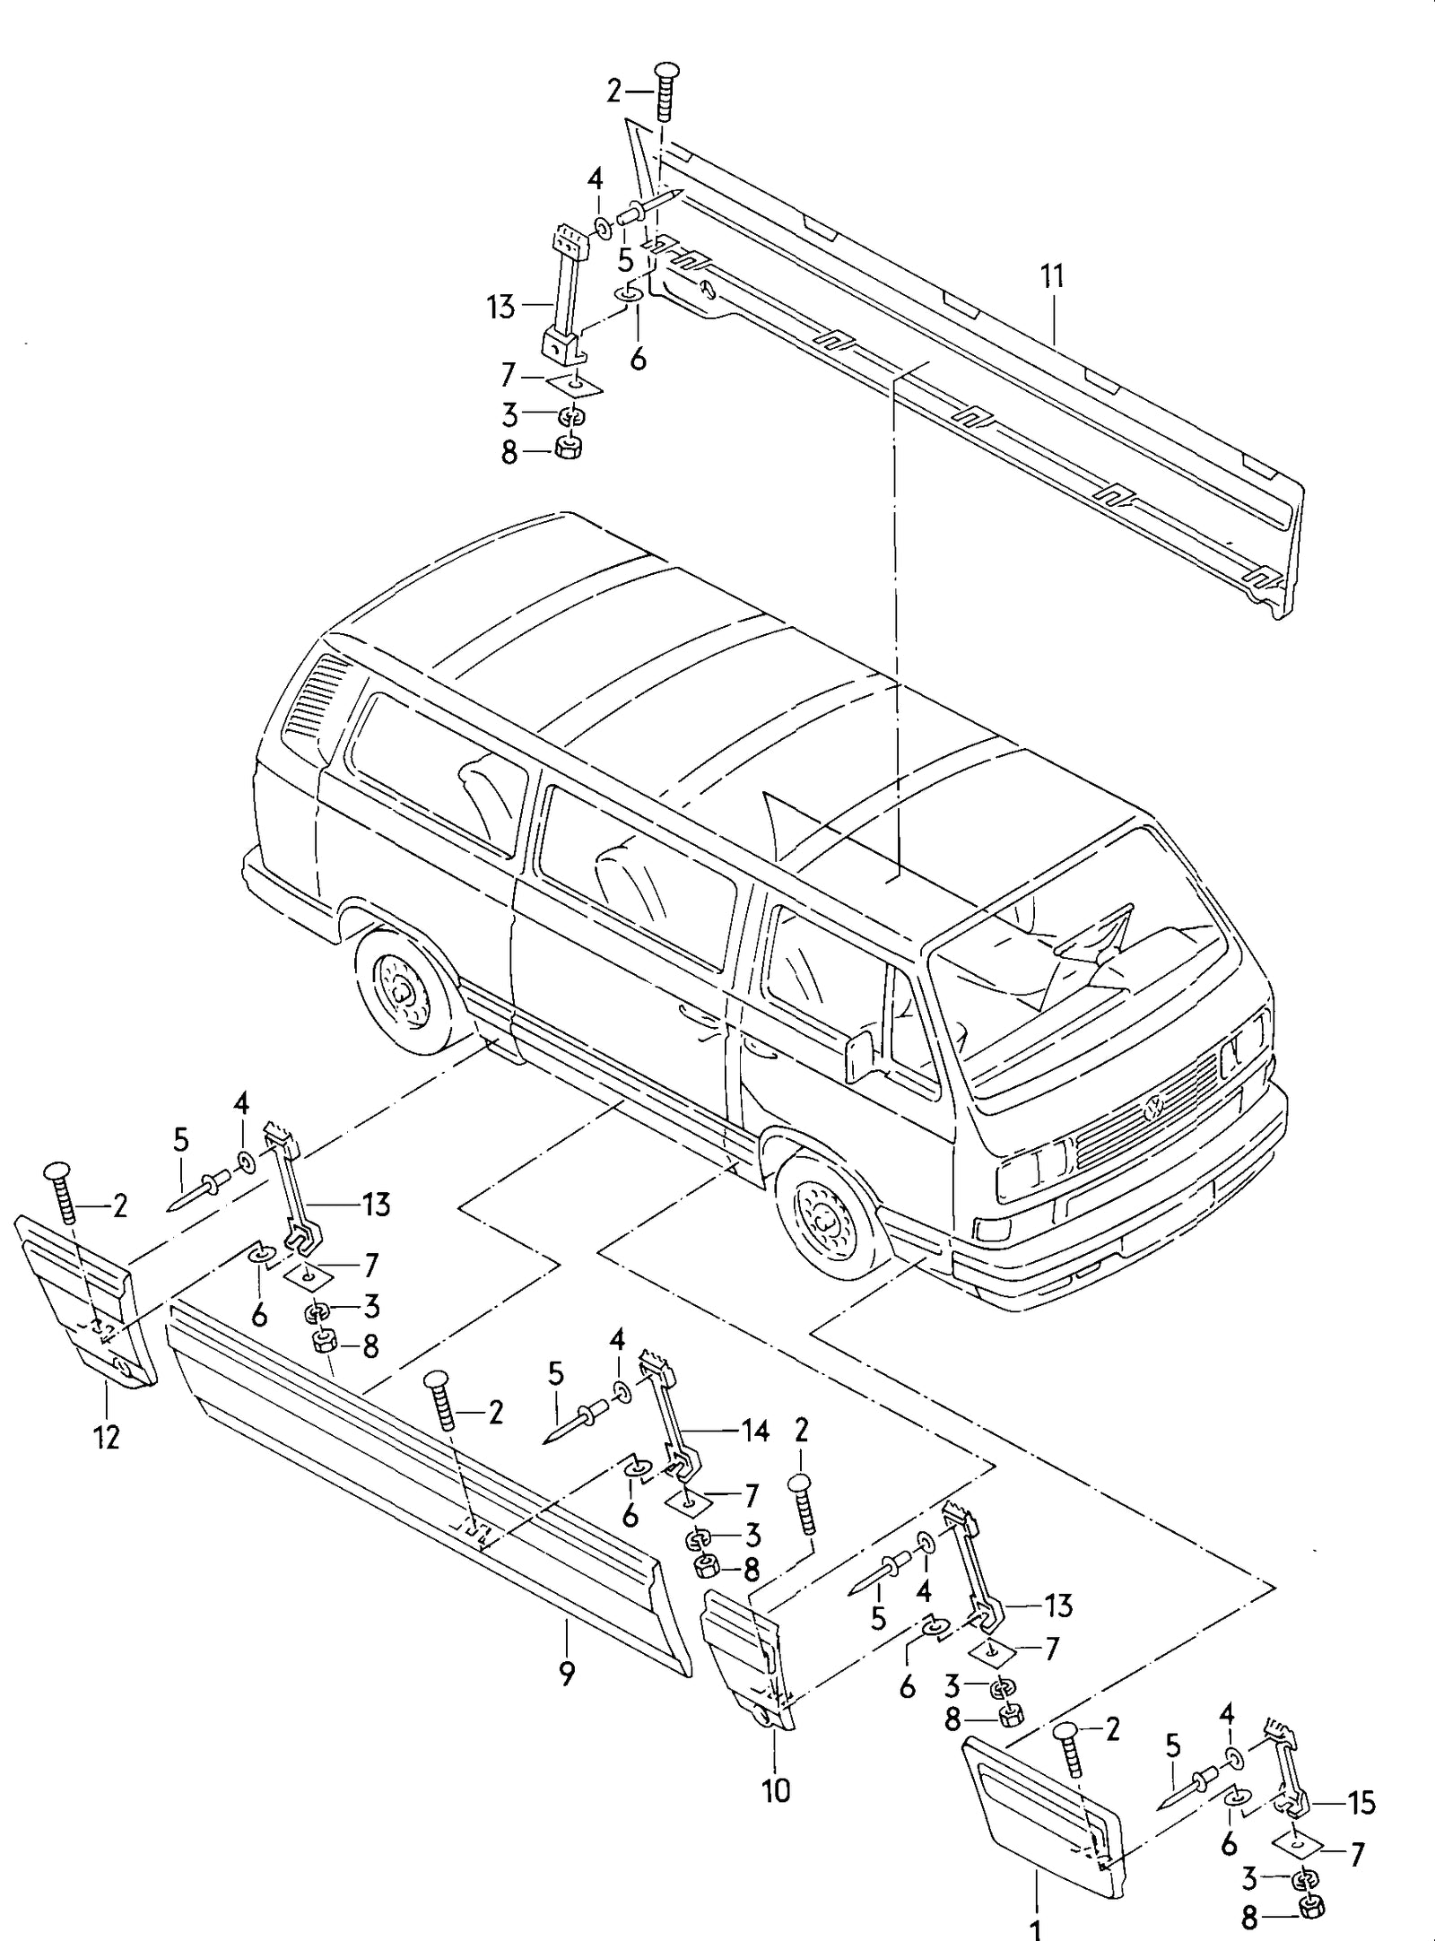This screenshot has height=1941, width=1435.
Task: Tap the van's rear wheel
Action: click(x=404, y=993)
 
